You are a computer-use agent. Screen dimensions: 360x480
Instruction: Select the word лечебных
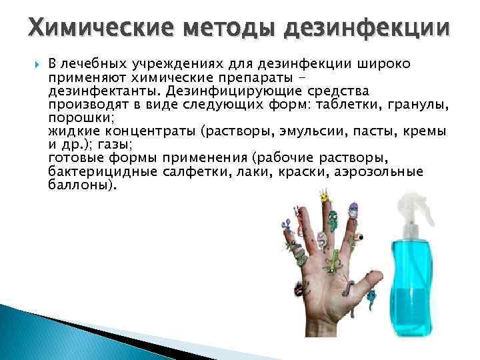(x=94, y=64)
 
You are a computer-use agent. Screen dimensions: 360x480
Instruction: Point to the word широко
(x=385, y=64)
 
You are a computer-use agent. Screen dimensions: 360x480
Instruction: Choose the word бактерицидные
(x=102, y=172)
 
